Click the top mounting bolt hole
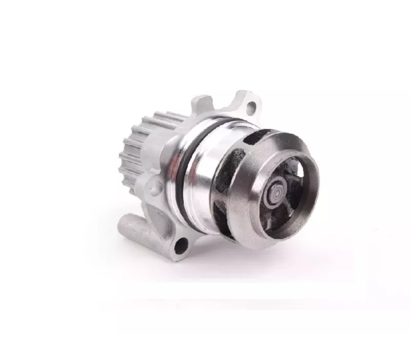[251, 109]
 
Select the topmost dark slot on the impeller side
[255, 137]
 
